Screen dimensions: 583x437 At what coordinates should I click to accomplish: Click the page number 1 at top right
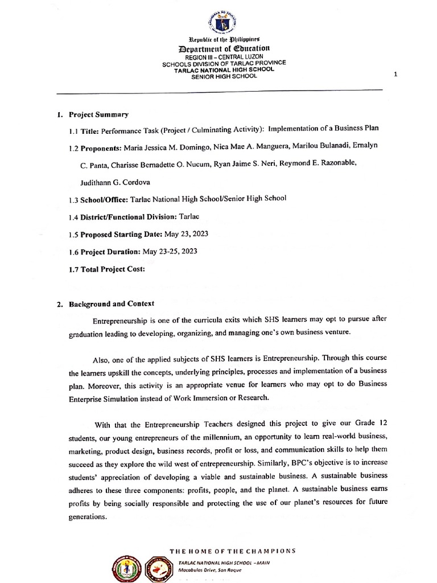pyautogui.click(x=403, y=75)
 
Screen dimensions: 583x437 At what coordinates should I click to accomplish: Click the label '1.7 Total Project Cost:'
pyautogui.click(x=106, y=269)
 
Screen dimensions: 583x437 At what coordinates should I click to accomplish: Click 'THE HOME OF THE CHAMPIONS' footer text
pyautogui.click(x=233, y=551)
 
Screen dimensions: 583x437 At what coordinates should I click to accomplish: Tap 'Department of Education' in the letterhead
pyautogui.click(x=224, y=49)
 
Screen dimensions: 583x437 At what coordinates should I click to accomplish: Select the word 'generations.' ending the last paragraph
pyautogui.click(x=88, y=517)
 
